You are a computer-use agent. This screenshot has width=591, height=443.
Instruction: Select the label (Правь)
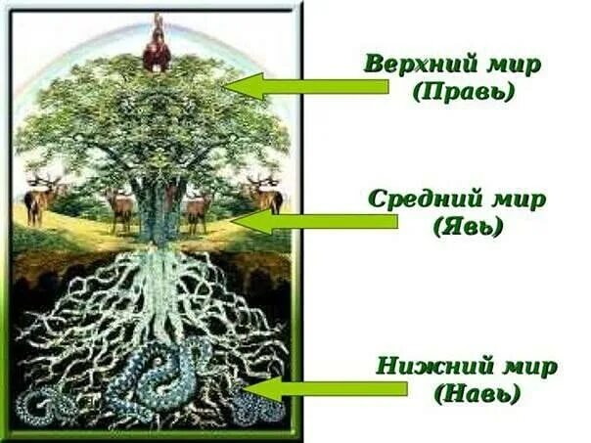pos(464,94)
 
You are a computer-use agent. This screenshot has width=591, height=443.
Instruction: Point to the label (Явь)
pos(467,228)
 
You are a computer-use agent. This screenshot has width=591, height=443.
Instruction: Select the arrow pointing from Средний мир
pos(313,222)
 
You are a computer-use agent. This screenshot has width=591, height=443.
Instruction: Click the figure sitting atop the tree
pos(157,49)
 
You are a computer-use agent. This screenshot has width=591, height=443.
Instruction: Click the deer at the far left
pos(42,199)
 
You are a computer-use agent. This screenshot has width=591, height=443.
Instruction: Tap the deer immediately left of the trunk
pos(120,208)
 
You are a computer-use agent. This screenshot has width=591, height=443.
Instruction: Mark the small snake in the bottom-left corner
pos(41,402)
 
